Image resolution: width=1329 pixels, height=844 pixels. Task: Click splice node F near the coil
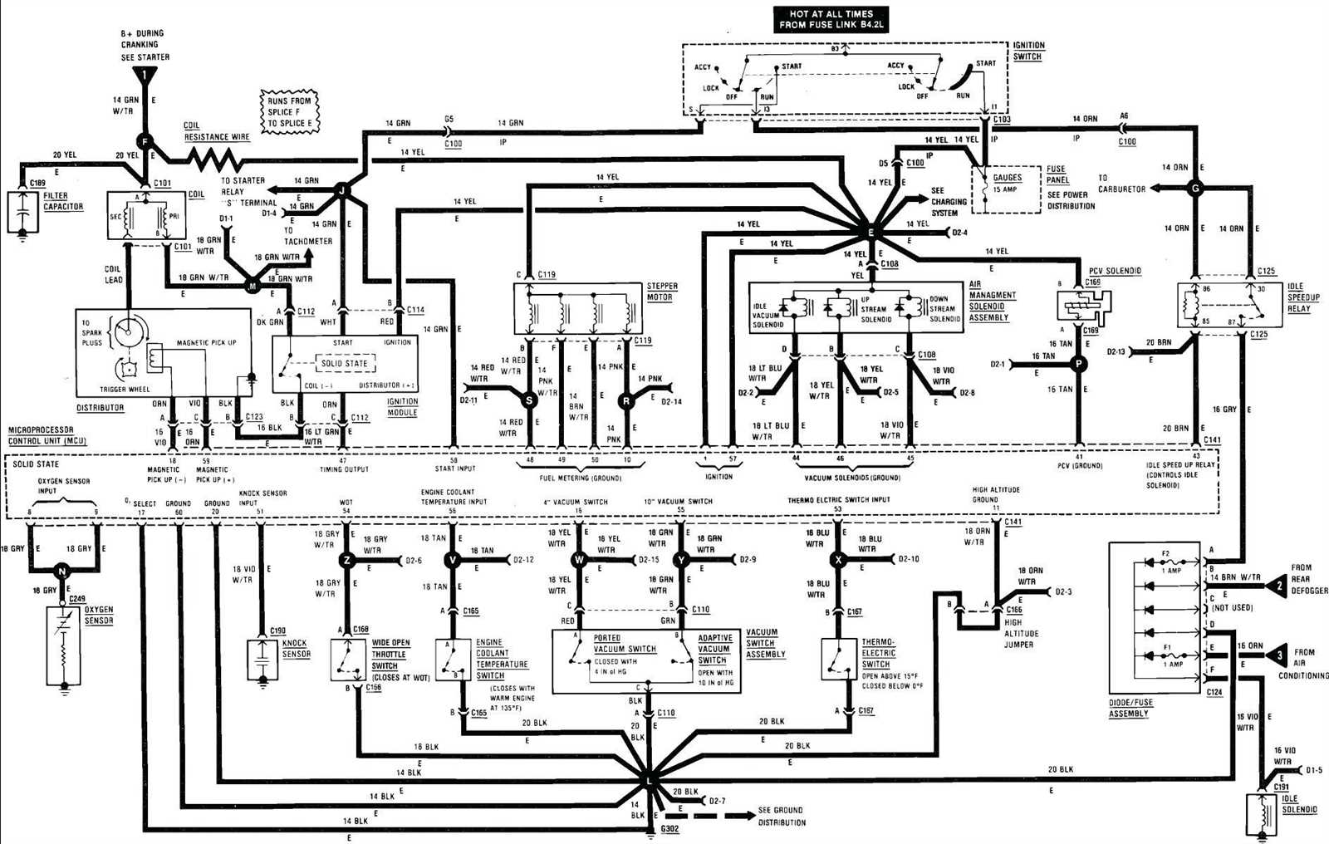click(145, 141)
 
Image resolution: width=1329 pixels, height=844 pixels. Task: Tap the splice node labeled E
click(870, 232)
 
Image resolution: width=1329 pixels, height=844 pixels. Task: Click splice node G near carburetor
click(1195, 189)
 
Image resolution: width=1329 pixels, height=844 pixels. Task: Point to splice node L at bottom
click(648, 782)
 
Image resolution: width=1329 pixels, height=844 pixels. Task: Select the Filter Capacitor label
click(63, 200)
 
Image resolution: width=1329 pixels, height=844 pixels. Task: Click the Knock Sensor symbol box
click(262, 660)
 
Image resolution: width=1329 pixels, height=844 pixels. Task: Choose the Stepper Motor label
click(661, 291)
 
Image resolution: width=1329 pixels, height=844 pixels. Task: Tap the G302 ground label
click(669, 829)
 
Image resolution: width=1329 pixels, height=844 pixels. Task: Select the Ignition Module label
click(403, 406)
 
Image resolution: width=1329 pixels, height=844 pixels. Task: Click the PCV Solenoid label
click(1115, 271)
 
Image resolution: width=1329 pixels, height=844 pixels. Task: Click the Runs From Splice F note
click(289, 112)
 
